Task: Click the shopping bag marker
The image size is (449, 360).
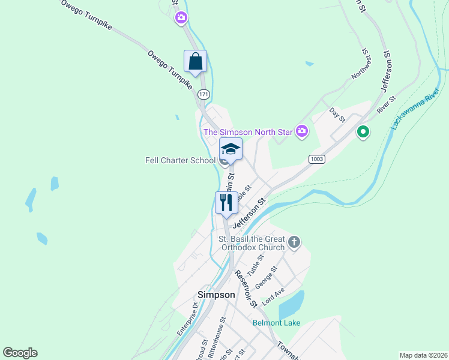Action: click(195, 61)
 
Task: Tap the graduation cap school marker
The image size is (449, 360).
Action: click(231, 149)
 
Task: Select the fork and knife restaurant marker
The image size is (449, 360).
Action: click(226, 202)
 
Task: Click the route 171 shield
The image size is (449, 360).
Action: click(204, 94)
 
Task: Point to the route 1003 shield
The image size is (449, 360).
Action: click(318, 159)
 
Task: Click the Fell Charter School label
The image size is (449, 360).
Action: click(180, 160)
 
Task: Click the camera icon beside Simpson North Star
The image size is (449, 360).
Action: click(302, 131)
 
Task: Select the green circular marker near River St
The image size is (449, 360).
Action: click(362, 131)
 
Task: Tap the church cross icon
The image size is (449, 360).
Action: click(294, 242)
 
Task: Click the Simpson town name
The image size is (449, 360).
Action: click(216, 295)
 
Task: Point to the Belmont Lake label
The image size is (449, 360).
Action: click(276, 323)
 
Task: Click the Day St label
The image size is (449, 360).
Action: click(337, 115)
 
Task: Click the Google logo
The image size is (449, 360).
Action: click(20, 353)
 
